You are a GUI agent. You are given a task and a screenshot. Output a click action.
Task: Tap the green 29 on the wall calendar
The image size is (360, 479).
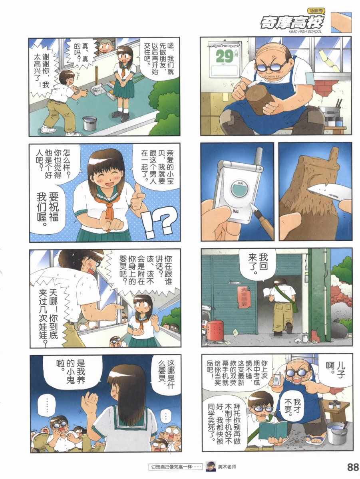[x=224, y=56]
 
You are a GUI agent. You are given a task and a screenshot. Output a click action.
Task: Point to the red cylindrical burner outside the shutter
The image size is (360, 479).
[x=215, y=330]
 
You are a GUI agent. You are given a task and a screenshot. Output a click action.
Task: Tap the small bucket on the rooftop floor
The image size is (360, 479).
[x=90, y=123]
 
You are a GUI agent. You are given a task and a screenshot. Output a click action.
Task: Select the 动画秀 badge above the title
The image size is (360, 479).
[x=316, y=11]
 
